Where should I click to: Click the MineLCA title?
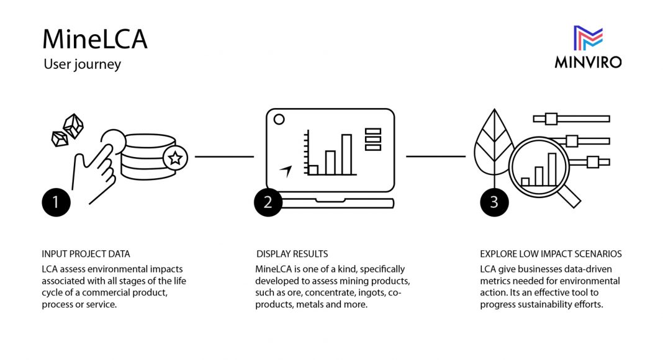pyautogui.click(x=94, y=39)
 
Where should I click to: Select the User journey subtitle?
pyautogui.click(x=82, y=64)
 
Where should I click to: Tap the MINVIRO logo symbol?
pyautogui.click(x=588, y=38)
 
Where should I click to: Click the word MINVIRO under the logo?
pyautogui.click(x=588, y=61)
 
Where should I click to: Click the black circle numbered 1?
pyautogui.click(x=56, y=202)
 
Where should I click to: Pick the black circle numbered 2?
pyautogui.click(x=268, y=202)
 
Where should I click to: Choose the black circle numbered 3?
pyautogui.click(x=494, y=202)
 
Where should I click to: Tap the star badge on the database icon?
pyautogui.click(x=175, y=159)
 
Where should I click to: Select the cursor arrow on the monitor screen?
pyautogui.click(x=286, y=170)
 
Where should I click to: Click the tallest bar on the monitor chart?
pyautogui.click(x=346, y=154)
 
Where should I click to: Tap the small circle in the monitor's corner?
pyautogui.click(x=279, y=119)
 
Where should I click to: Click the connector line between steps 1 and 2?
pyautogui.click(x=223, y=156)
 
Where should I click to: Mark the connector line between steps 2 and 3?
pyautogui.click(x=435, y=156)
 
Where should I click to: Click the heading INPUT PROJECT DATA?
pyautogui.click(x=86, y=254)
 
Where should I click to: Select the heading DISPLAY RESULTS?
pyautogui.click(x=292, y=254)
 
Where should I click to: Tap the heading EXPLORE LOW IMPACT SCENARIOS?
pyautogui.click(x=551, y=254)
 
